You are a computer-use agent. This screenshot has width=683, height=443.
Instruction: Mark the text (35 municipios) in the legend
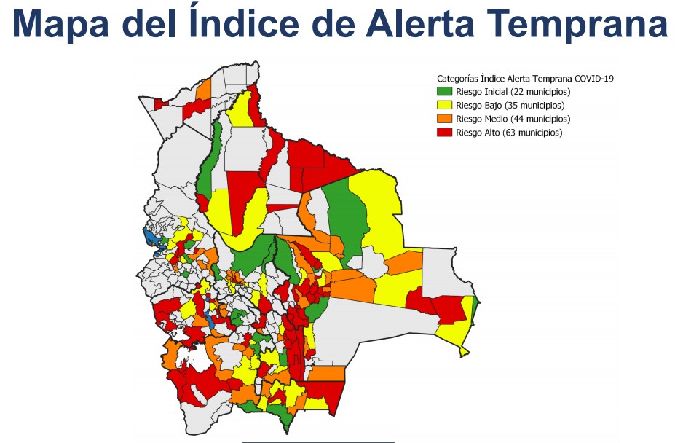532,106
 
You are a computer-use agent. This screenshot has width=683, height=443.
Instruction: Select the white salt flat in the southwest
187,358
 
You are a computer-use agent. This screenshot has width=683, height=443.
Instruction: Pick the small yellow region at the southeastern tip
464,352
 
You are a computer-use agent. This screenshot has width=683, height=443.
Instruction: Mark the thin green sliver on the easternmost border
475,309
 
